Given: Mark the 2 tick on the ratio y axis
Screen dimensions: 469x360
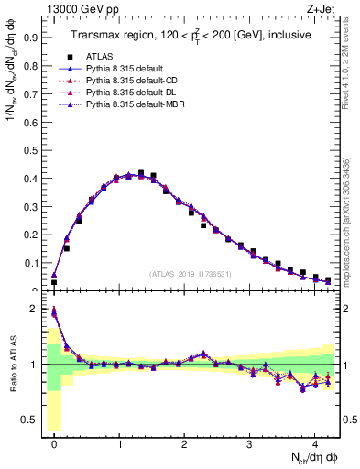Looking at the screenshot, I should (x=35, y=309).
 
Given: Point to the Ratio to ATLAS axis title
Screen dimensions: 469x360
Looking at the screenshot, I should (x=12, y=364).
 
